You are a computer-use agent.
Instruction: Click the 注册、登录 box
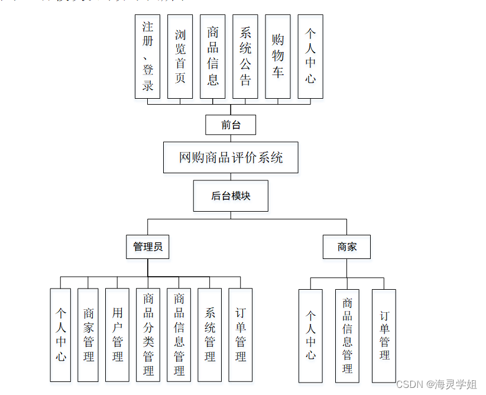click(x=148, y=57)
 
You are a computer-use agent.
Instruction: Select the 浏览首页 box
click(x=180, y=57)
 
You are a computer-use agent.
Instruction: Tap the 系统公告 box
click(x=245, y=57)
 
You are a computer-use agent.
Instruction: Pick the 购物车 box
click(x=278, y=57)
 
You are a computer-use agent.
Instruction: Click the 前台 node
click(x=231, y=125)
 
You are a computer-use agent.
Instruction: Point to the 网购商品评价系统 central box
click(x=231, y=157)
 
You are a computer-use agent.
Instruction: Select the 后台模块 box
click(x=231, y=196)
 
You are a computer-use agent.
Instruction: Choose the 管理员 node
click(x=148, y=247)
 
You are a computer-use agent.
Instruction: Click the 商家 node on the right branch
click(x=347, y=247)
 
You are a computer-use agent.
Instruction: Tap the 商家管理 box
click(x=89, y=335)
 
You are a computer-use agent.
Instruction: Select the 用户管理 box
click(x=118, y=335)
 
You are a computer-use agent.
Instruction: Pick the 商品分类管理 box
click(x=148, y=335)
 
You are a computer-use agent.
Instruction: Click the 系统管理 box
click(x=210, y=335)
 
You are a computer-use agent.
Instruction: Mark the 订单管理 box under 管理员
click(x=241, y=335)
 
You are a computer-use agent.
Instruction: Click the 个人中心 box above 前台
click(x=310, y=57)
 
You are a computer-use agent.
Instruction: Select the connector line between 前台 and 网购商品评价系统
click(x=231, y=138)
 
